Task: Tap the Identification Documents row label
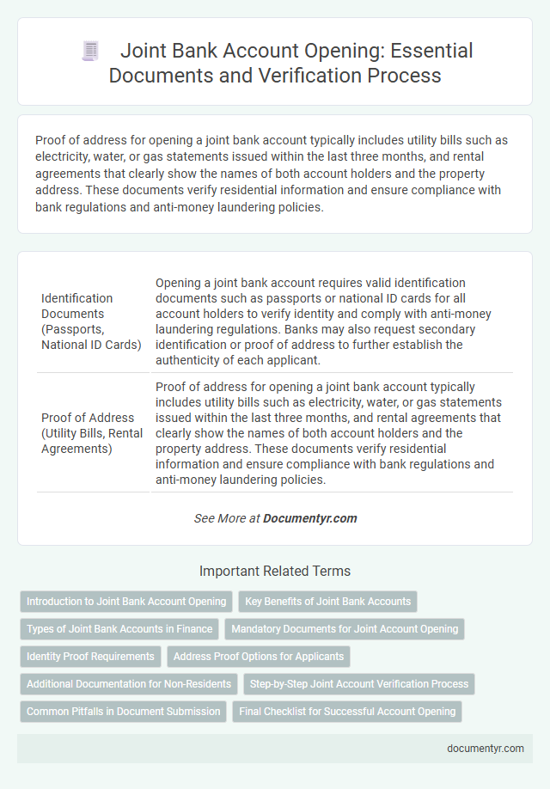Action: tap(90, 321)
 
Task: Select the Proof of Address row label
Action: tap(90, 431)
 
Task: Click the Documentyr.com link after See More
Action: tap(310, 518)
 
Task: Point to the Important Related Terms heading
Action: tap(274, 571)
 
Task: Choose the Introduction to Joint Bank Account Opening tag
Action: tap(126, 602)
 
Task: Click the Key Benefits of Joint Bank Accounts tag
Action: tap(327, 602)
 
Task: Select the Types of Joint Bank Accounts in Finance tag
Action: tap(119, 629)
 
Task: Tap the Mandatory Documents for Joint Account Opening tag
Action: tap(345, 629)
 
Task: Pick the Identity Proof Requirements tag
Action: tap(90, 657)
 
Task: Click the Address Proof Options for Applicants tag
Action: tap(259, 657)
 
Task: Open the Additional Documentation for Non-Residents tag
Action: tap(129, 684)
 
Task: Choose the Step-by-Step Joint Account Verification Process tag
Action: tap(360, 684)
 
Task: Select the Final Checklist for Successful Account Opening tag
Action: tap(347, 712)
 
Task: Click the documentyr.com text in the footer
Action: tap(486, 748)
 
